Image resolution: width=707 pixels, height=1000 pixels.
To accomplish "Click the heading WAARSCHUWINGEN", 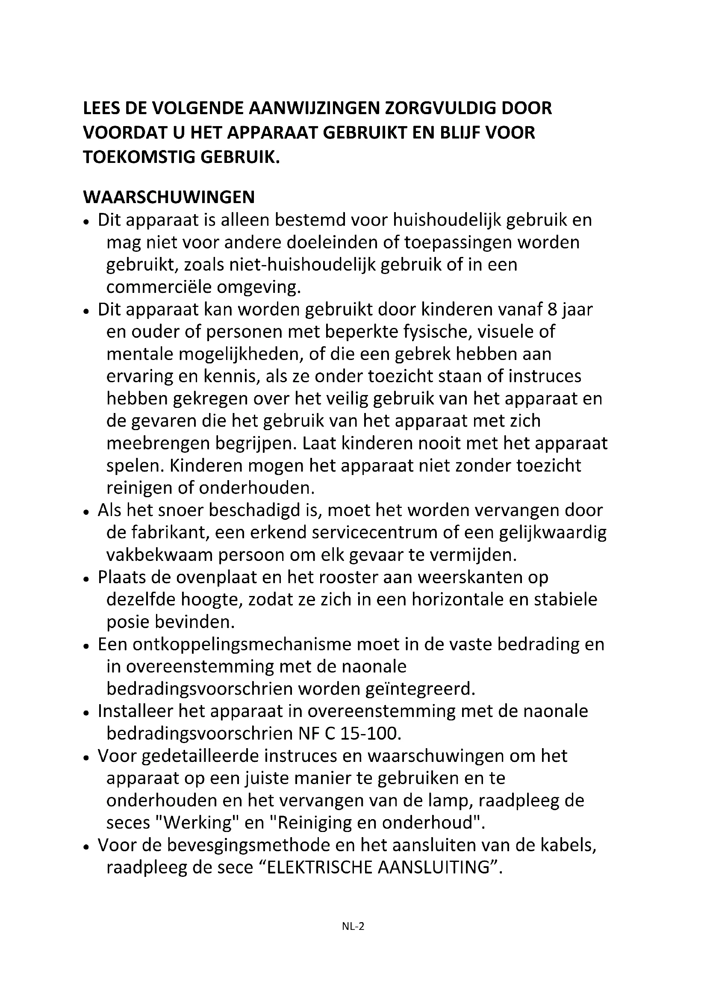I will [168, 197].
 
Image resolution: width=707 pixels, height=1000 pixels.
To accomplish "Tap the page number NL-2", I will [353, 938].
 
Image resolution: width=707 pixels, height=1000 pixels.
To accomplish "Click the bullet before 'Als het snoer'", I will [86, 512].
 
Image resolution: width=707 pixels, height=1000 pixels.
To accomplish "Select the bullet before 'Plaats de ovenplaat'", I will [86, 579].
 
